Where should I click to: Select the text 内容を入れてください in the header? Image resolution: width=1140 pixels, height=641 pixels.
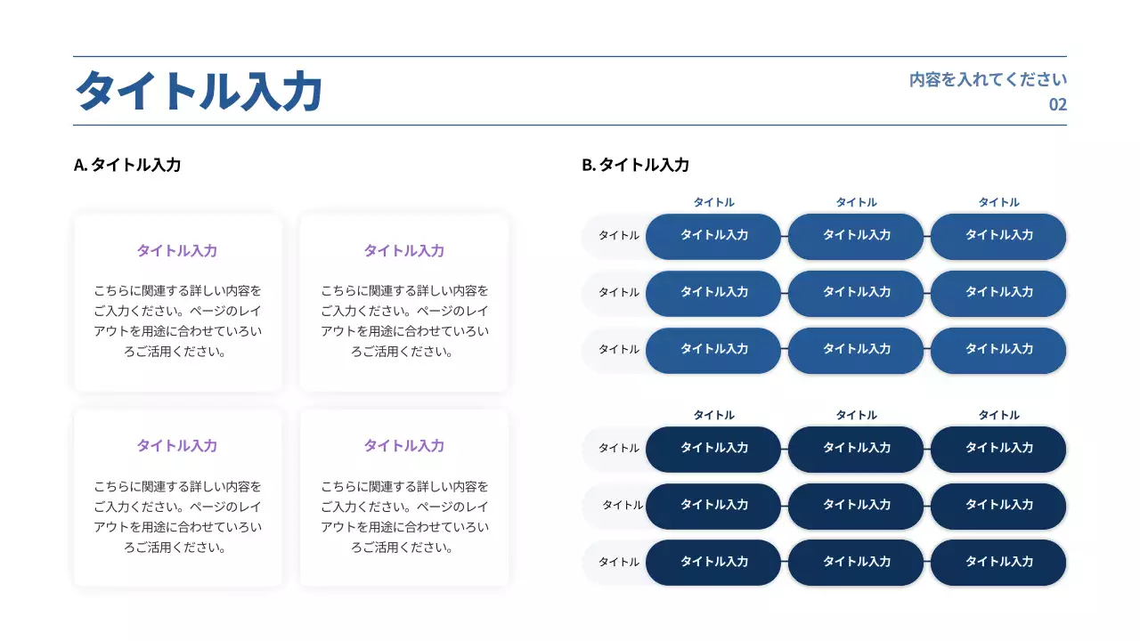pyautogui.click(x=988, y=79)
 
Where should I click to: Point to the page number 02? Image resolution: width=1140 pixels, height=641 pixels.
pyautogui.click(x=1057, y=104)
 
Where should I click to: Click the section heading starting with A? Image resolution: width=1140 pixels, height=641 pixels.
pyautogui.click(x=127, y=165)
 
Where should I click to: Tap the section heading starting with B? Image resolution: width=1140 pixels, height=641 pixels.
pyautogui.click(x=635, y=165)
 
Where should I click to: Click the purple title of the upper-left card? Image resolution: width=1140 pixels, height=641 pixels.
pyautogui.click(x=176, y=251)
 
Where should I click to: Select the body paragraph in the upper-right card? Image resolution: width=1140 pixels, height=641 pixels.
pyautogui.click(x=404, y=320)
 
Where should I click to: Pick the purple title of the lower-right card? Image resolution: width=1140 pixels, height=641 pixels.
pyautogui.click(x=403, y=446)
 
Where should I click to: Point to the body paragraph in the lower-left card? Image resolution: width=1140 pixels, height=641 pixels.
pyautogui.click(x=177, y=517)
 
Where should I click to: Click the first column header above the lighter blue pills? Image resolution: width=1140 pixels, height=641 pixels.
pyautogui.click(x=713, y=203)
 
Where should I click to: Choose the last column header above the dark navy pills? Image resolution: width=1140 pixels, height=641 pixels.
pyautogui.click(x=998, y=416)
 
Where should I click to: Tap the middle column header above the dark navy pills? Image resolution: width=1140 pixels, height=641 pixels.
pyautogui.click(x=856, y=416)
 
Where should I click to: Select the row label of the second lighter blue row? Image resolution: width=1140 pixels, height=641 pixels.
pyautogui.click(x=618, y=293)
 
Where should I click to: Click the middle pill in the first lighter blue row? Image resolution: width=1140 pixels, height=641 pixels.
pyautogui.click(x=856, y=236)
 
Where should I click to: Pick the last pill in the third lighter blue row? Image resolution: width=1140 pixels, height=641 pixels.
pyautogui.click(x=998, y=350)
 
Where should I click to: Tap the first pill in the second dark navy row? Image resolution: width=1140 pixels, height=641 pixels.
pyautogui.click(x=713, y=506)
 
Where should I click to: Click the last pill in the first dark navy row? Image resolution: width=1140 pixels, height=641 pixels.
pyautogui.click(x=998, y=449)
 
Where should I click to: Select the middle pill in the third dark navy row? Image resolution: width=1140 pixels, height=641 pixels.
pyautogui.click(x=856, y=563)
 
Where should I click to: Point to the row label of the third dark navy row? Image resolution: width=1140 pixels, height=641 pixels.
pyautogui.click(x=618, y=563)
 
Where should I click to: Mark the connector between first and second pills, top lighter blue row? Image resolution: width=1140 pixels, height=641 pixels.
pyautogui.click(x=785, y=236)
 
